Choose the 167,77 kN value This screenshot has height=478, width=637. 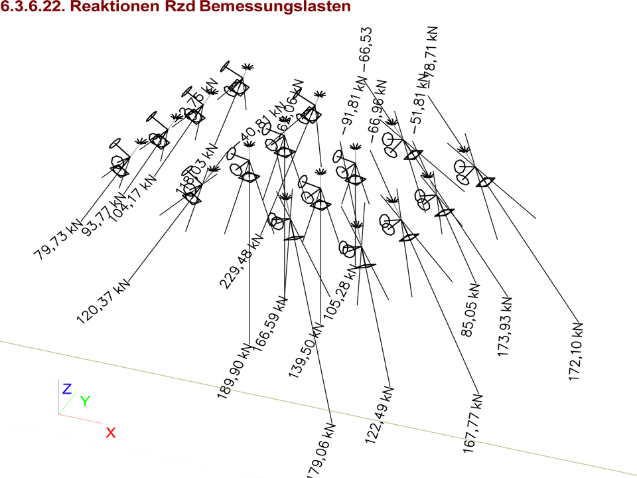[x=472, y=425]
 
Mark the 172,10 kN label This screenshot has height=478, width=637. [x=576, y=353]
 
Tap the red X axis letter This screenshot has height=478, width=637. [x=111, y=433]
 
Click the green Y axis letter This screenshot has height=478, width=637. [x=85, y=400]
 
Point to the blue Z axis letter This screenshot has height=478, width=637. [x=66, y=389]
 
